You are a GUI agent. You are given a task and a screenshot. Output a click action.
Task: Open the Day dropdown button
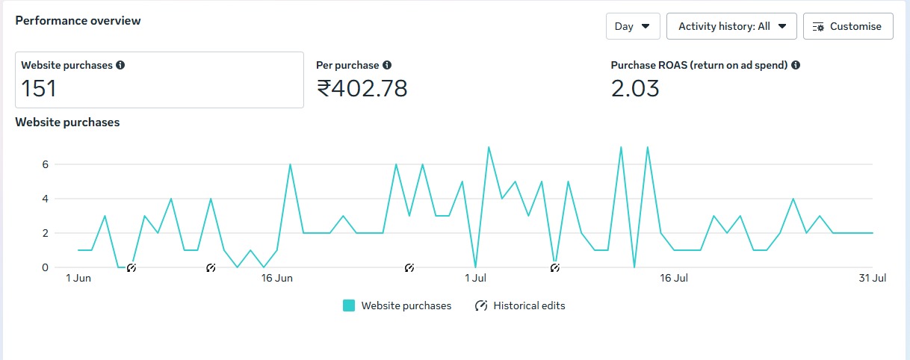click(x=632, y=26)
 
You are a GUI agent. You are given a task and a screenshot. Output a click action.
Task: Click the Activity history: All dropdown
click(x=731, y=26)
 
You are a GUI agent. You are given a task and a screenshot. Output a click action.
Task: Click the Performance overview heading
click(x=78, y=21)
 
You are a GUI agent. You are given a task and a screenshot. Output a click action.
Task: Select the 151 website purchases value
click(x=39, y=89)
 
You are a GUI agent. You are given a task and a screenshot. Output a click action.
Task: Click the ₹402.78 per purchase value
click(x=362, y=89)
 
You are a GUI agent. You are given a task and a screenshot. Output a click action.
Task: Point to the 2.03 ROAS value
click(x=635, y=89)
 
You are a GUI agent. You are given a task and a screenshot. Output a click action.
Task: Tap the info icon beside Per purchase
click(x=387, y=65)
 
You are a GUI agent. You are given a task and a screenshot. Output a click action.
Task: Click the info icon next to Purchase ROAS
click(x=796, y=65)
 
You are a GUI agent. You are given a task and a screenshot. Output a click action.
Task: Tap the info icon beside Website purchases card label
click(x=120, y=65)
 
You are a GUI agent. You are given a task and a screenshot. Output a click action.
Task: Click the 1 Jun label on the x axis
click(x=78, y=279)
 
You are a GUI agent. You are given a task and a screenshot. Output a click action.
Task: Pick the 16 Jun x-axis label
click(x=276, y=279)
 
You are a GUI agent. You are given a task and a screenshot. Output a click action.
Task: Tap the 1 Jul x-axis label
click(x=475, y=279)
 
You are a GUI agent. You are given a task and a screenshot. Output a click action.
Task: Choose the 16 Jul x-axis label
click(x=674, y=279)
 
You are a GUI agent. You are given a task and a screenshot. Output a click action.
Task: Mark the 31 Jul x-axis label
click(x=872, y=279)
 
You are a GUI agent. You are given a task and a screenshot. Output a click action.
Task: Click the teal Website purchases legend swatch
click(x=349, y=305)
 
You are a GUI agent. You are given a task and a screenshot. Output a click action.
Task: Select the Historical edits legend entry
click(x=521, y=305)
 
